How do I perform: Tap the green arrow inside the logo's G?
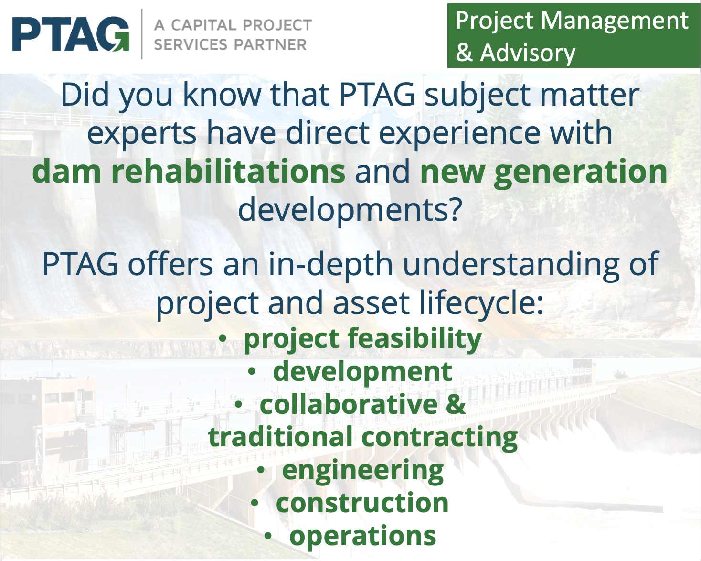pyautogui.click(x=118, y=45)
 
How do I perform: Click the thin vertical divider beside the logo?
pyautogui.click(x=142, y=33)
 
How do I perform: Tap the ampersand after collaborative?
pyautogui.click(x=456, y=404)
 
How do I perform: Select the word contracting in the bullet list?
pyautogui.click(x=439, y=437)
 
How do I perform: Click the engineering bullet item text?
pyautogui.click(x=362, y=470)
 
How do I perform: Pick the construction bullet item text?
pyautogui.click(x=362, y=503)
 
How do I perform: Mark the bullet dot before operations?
pyautogui.click(x=268, y=536)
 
